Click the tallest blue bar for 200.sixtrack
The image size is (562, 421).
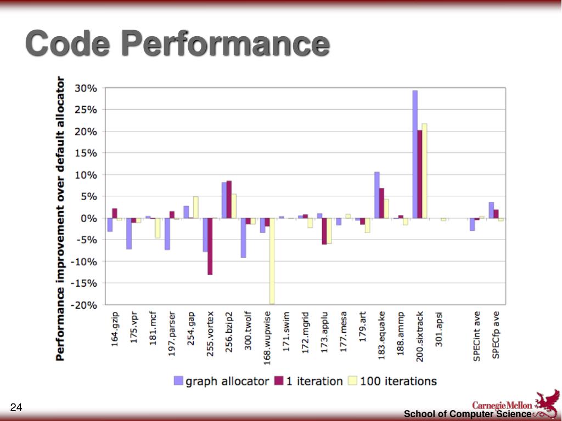click(415, 154)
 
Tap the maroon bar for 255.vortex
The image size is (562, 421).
click(210, 246)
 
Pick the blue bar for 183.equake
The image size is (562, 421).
click(377, 195)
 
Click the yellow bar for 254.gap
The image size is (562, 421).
click(195, 207)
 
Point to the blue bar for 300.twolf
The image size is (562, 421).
click(243, 238)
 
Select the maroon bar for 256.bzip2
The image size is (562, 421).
click(229, 200)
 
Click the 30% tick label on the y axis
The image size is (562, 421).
click(86, 88)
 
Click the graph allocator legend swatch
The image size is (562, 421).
click(178, 381)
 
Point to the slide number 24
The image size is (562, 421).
click(16, 407)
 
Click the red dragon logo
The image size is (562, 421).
click(546, 403)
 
